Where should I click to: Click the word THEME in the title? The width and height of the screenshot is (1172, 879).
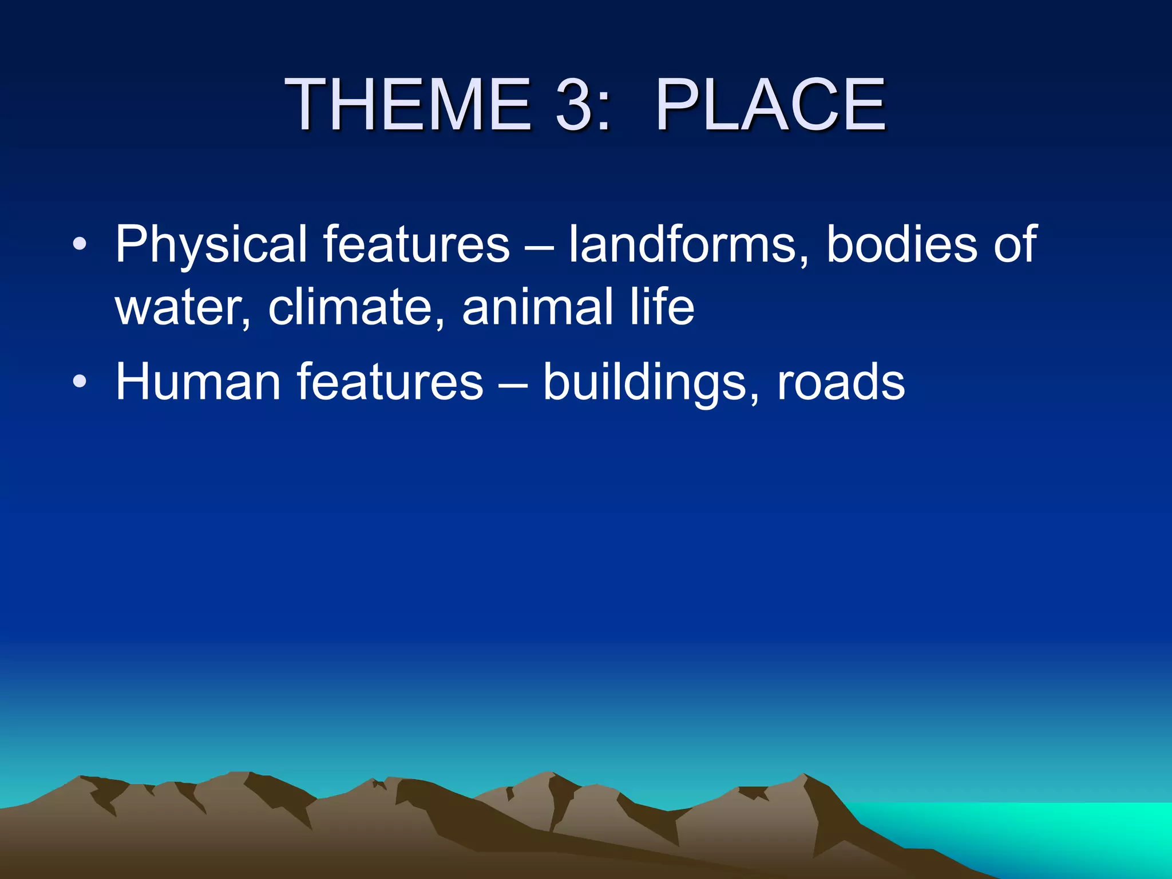409,105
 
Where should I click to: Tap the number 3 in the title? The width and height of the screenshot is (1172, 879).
574,105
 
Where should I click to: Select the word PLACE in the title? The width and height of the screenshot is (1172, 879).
771,105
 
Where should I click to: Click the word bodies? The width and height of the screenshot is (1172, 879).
902,245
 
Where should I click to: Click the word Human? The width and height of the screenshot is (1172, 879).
197,382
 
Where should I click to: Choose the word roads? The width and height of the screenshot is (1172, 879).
841,382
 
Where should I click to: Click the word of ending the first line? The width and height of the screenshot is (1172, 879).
1015,245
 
